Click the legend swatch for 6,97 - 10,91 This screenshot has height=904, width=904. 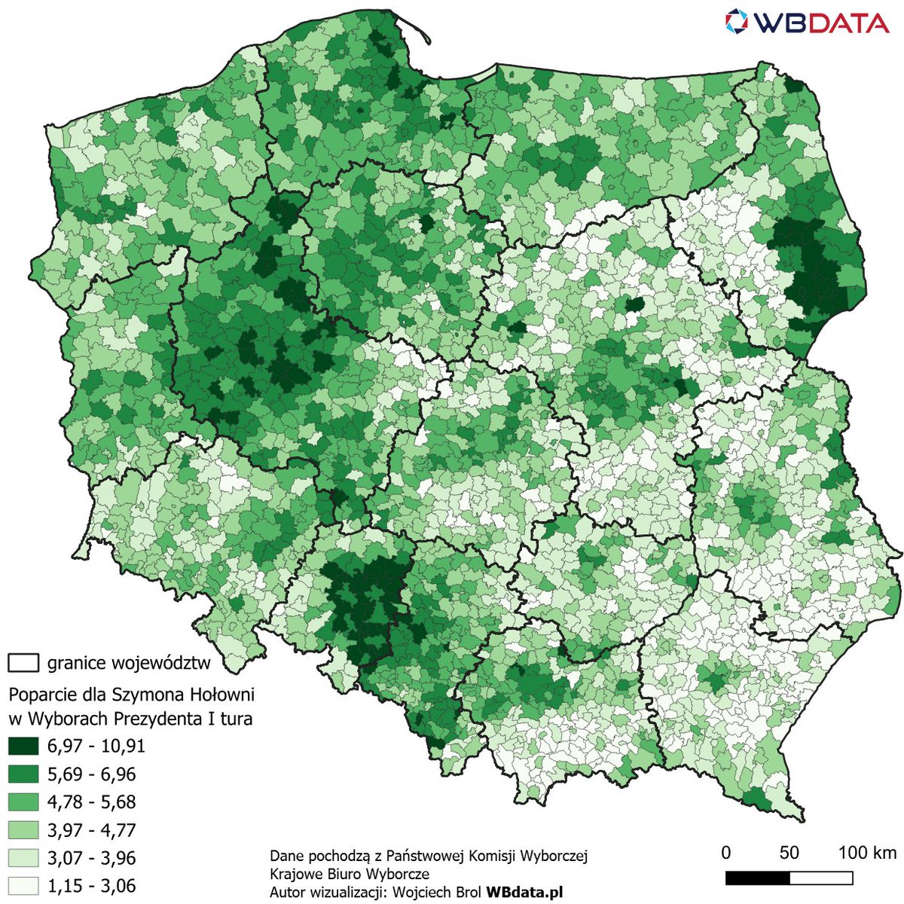23,747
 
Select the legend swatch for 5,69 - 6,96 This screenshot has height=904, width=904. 23,774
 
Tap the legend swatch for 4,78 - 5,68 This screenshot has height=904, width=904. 23,802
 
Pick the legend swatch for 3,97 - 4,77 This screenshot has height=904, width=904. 23,830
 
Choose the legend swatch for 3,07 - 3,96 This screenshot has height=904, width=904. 23,858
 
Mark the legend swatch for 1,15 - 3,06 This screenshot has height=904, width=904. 23,885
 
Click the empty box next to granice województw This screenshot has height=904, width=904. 23,663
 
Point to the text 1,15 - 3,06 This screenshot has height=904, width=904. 91,886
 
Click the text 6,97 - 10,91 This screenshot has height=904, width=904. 96,747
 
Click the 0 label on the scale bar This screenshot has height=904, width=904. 725,853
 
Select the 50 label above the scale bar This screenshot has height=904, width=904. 789,853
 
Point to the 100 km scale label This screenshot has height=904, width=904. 867,853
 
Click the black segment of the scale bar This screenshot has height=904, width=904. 757,878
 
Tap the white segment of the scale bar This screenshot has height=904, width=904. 821,878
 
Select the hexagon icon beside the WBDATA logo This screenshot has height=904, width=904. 738,22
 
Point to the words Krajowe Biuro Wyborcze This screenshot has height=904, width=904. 349,874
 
